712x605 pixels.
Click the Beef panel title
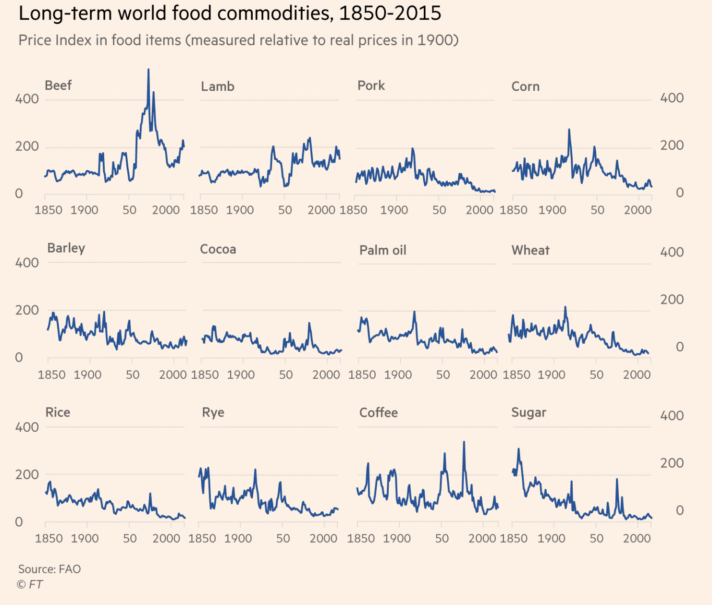click(58, 85)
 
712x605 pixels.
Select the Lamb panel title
click(218, 86)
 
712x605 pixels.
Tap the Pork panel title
click(371, 85)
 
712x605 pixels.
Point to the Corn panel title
click(525, 86)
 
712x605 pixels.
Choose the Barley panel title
click(66, 248)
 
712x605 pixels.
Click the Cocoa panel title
click(218, 249)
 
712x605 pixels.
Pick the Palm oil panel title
click(382, 250)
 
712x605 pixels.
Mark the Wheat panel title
click(530, 250)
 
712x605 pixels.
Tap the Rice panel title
click(58, 412)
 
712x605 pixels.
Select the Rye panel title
click(213, 412)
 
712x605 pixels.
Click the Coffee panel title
click(379, 412)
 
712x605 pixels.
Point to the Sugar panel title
click(528, 412)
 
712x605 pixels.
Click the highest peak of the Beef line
click(148, 70)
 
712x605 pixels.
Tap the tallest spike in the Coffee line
click(464, 442)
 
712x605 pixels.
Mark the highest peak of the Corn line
click(569, 130)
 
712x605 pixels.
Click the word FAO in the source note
click(70, 569)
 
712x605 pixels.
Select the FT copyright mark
click(30, 584)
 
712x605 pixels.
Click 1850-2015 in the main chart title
click(390, 13)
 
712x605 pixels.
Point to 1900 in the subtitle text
click(434, 40)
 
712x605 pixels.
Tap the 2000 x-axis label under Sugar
click(637, 538)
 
